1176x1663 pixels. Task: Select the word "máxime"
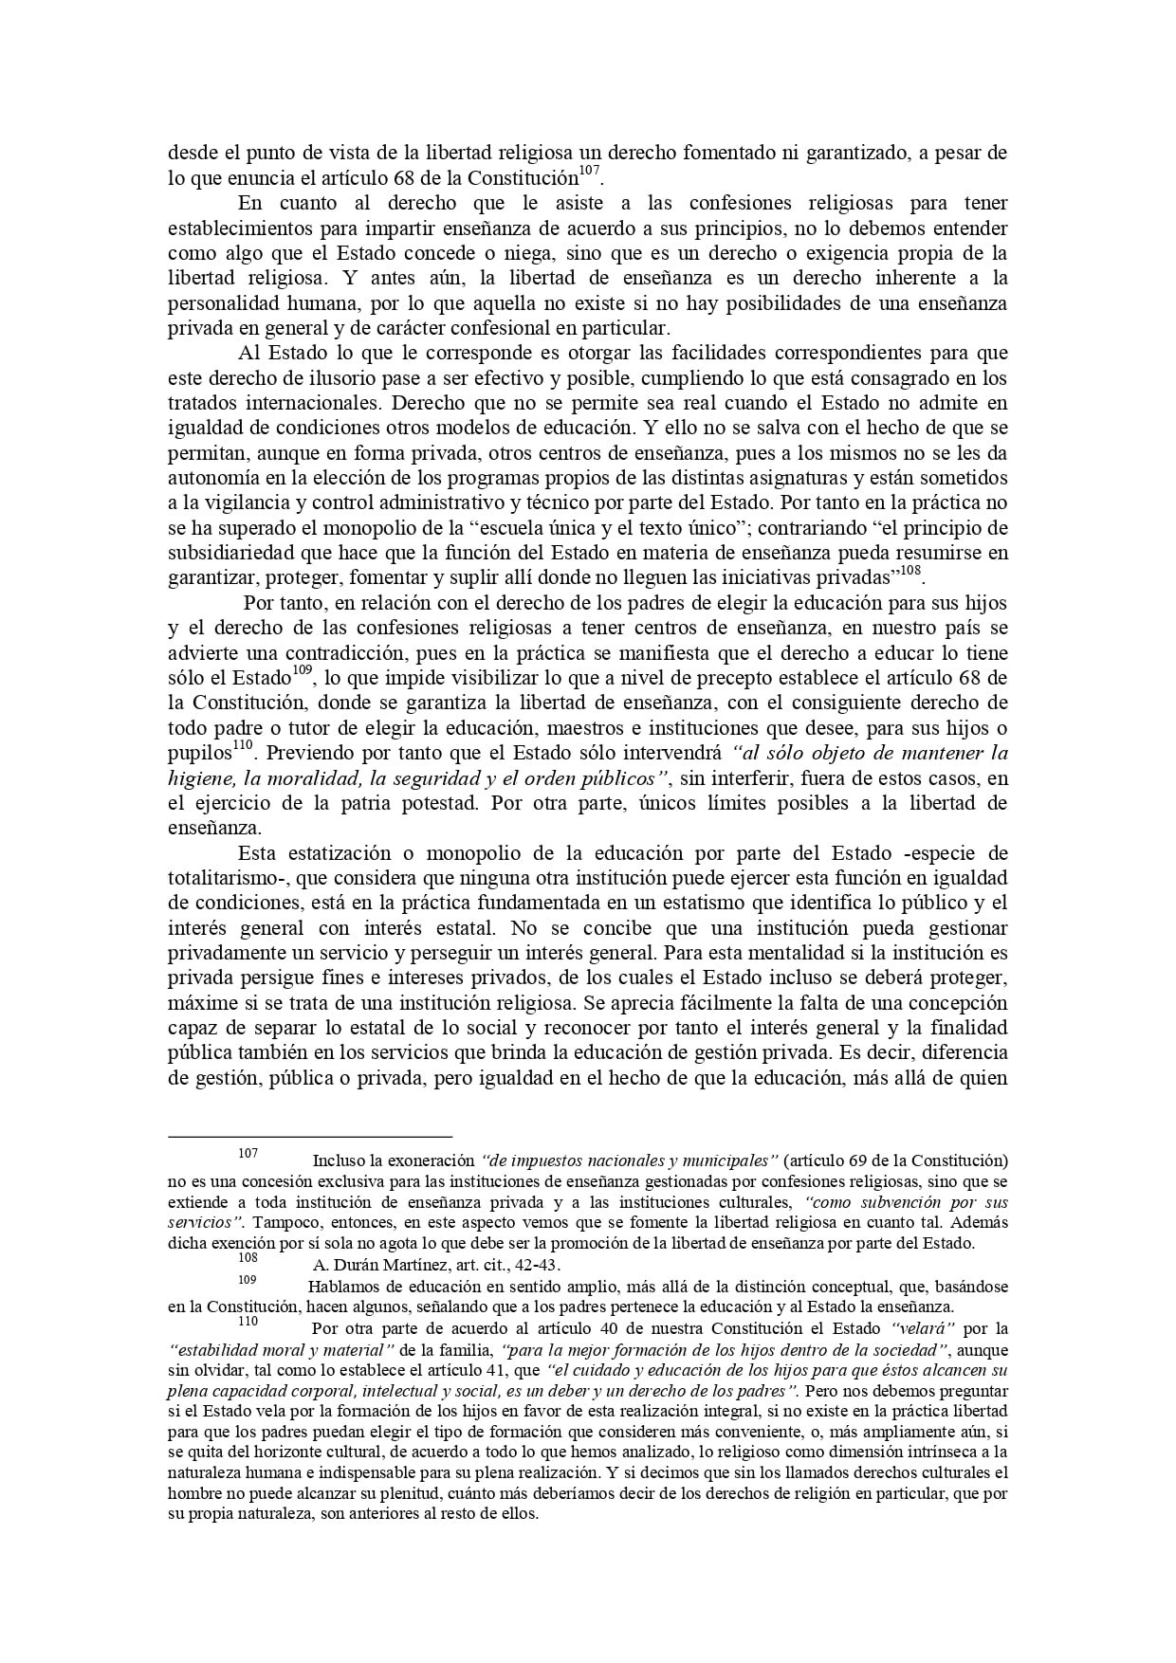pyautogui.click(x=196, y=978)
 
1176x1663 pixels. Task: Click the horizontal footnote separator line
pyautogui.click(x=310, y=1135)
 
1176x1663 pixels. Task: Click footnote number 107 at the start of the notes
pyautogui.click(x=248, y=1154)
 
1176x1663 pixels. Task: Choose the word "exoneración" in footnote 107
pyautogui.click(x=432, y=1161)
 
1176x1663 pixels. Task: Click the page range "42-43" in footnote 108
pyautogui.click(x=543, y=1265)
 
